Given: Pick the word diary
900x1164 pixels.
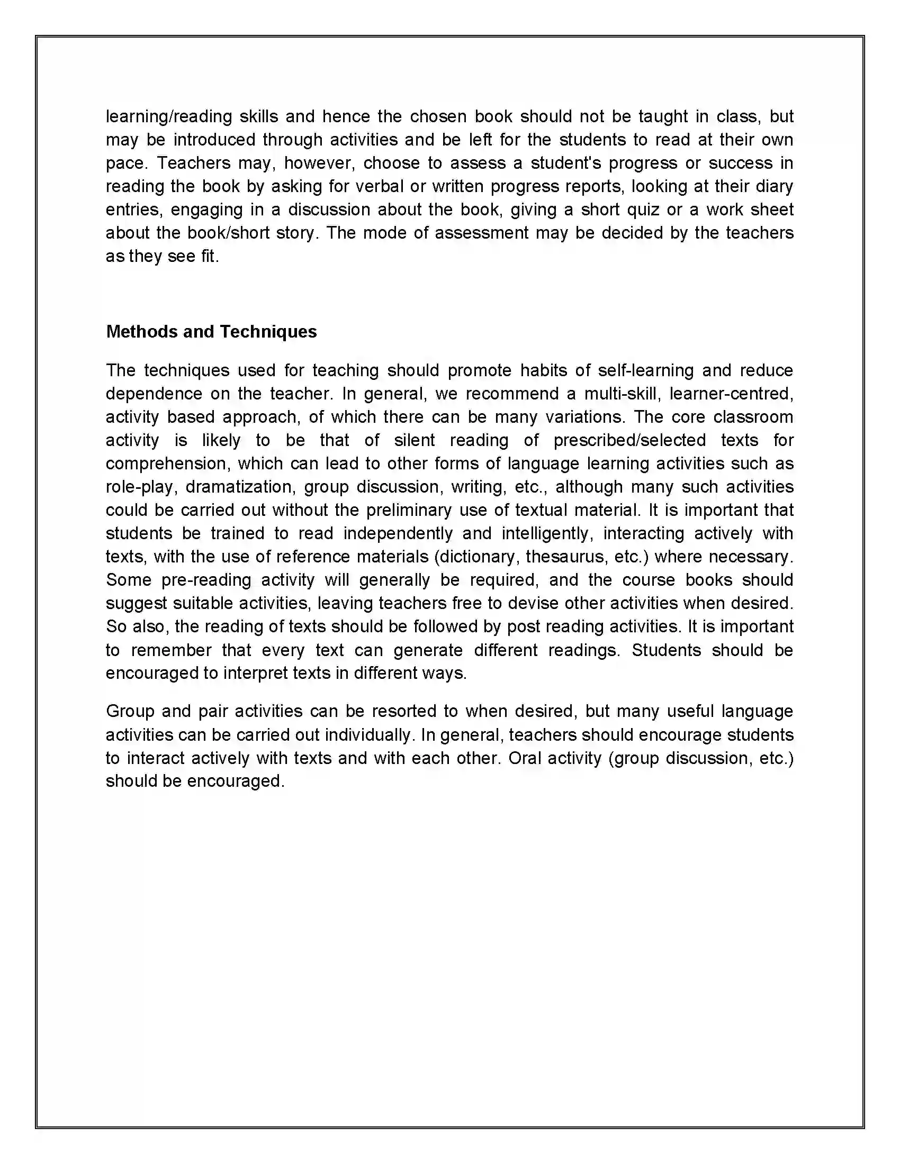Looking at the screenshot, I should [773, 186].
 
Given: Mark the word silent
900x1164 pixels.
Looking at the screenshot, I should [415, 440].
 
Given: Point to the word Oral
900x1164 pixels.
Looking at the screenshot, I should [525, 758].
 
